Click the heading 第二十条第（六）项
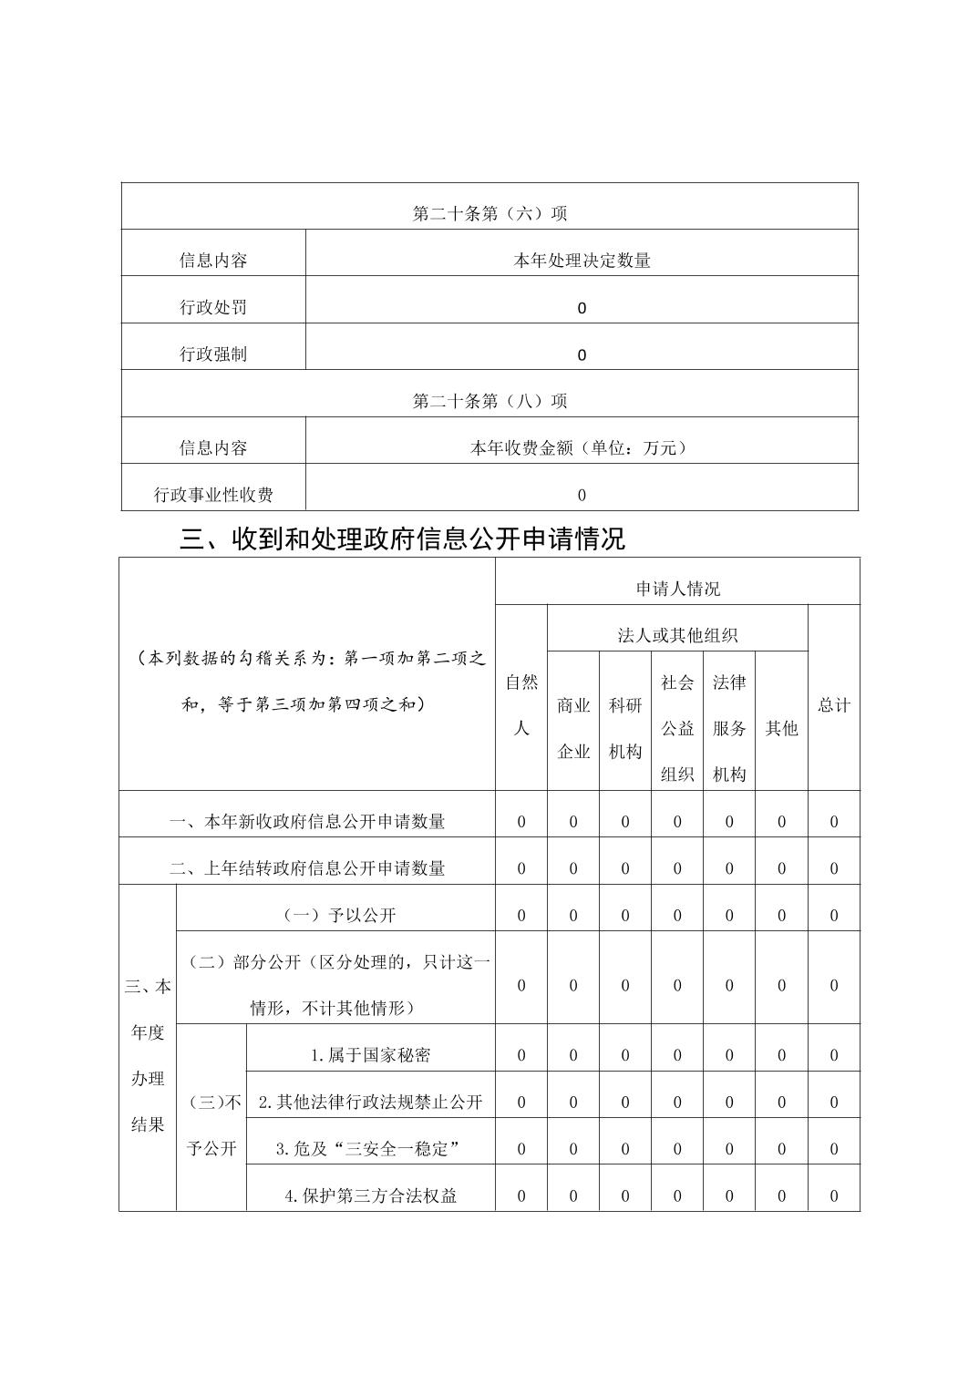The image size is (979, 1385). click(x=489, y=213)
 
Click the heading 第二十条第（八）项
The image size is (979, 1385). click(x=489, y=401)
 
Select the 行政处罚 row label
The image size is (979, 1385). click(x=213, y=307)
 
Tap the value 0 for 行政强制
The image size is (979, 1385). click(x=582, y=354)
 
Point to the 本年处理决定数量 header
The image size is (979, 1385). click(x=582, y=261)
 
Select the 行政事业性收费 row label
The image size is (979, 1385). click(x=213, y=495)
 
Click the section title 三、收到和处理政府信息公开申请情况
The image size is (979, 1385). click(x=402, y=539)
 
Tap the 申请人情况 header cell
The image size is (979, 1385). click(x=677, y=589)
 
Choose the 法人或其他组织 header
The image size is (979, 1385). click(x=677, y=635)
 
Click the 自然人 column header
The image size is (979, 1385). click(x=521, y=704)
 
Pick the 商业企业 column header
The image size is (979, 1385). click(x=573, y=728)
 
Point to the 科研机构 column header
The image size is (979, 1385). click(x=625, y=728)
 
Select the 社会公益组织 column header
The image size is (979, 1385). click(x=677, y=728)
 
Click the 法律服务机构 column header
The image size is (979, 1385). click(x=729, y=728)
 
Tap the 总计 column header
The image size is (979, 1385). click(x=833, y=705)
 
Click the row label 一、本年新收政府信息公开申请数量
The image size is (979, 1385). click(x=307, y=821)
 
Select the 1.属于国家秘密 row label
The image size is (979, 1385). click(x=370, y=1055)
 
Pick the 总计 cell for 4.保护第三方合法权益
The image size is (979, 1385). click(x=833, y=1195)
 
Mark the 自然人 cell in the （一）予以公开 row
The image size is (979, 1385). click(x=521, y=915)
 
